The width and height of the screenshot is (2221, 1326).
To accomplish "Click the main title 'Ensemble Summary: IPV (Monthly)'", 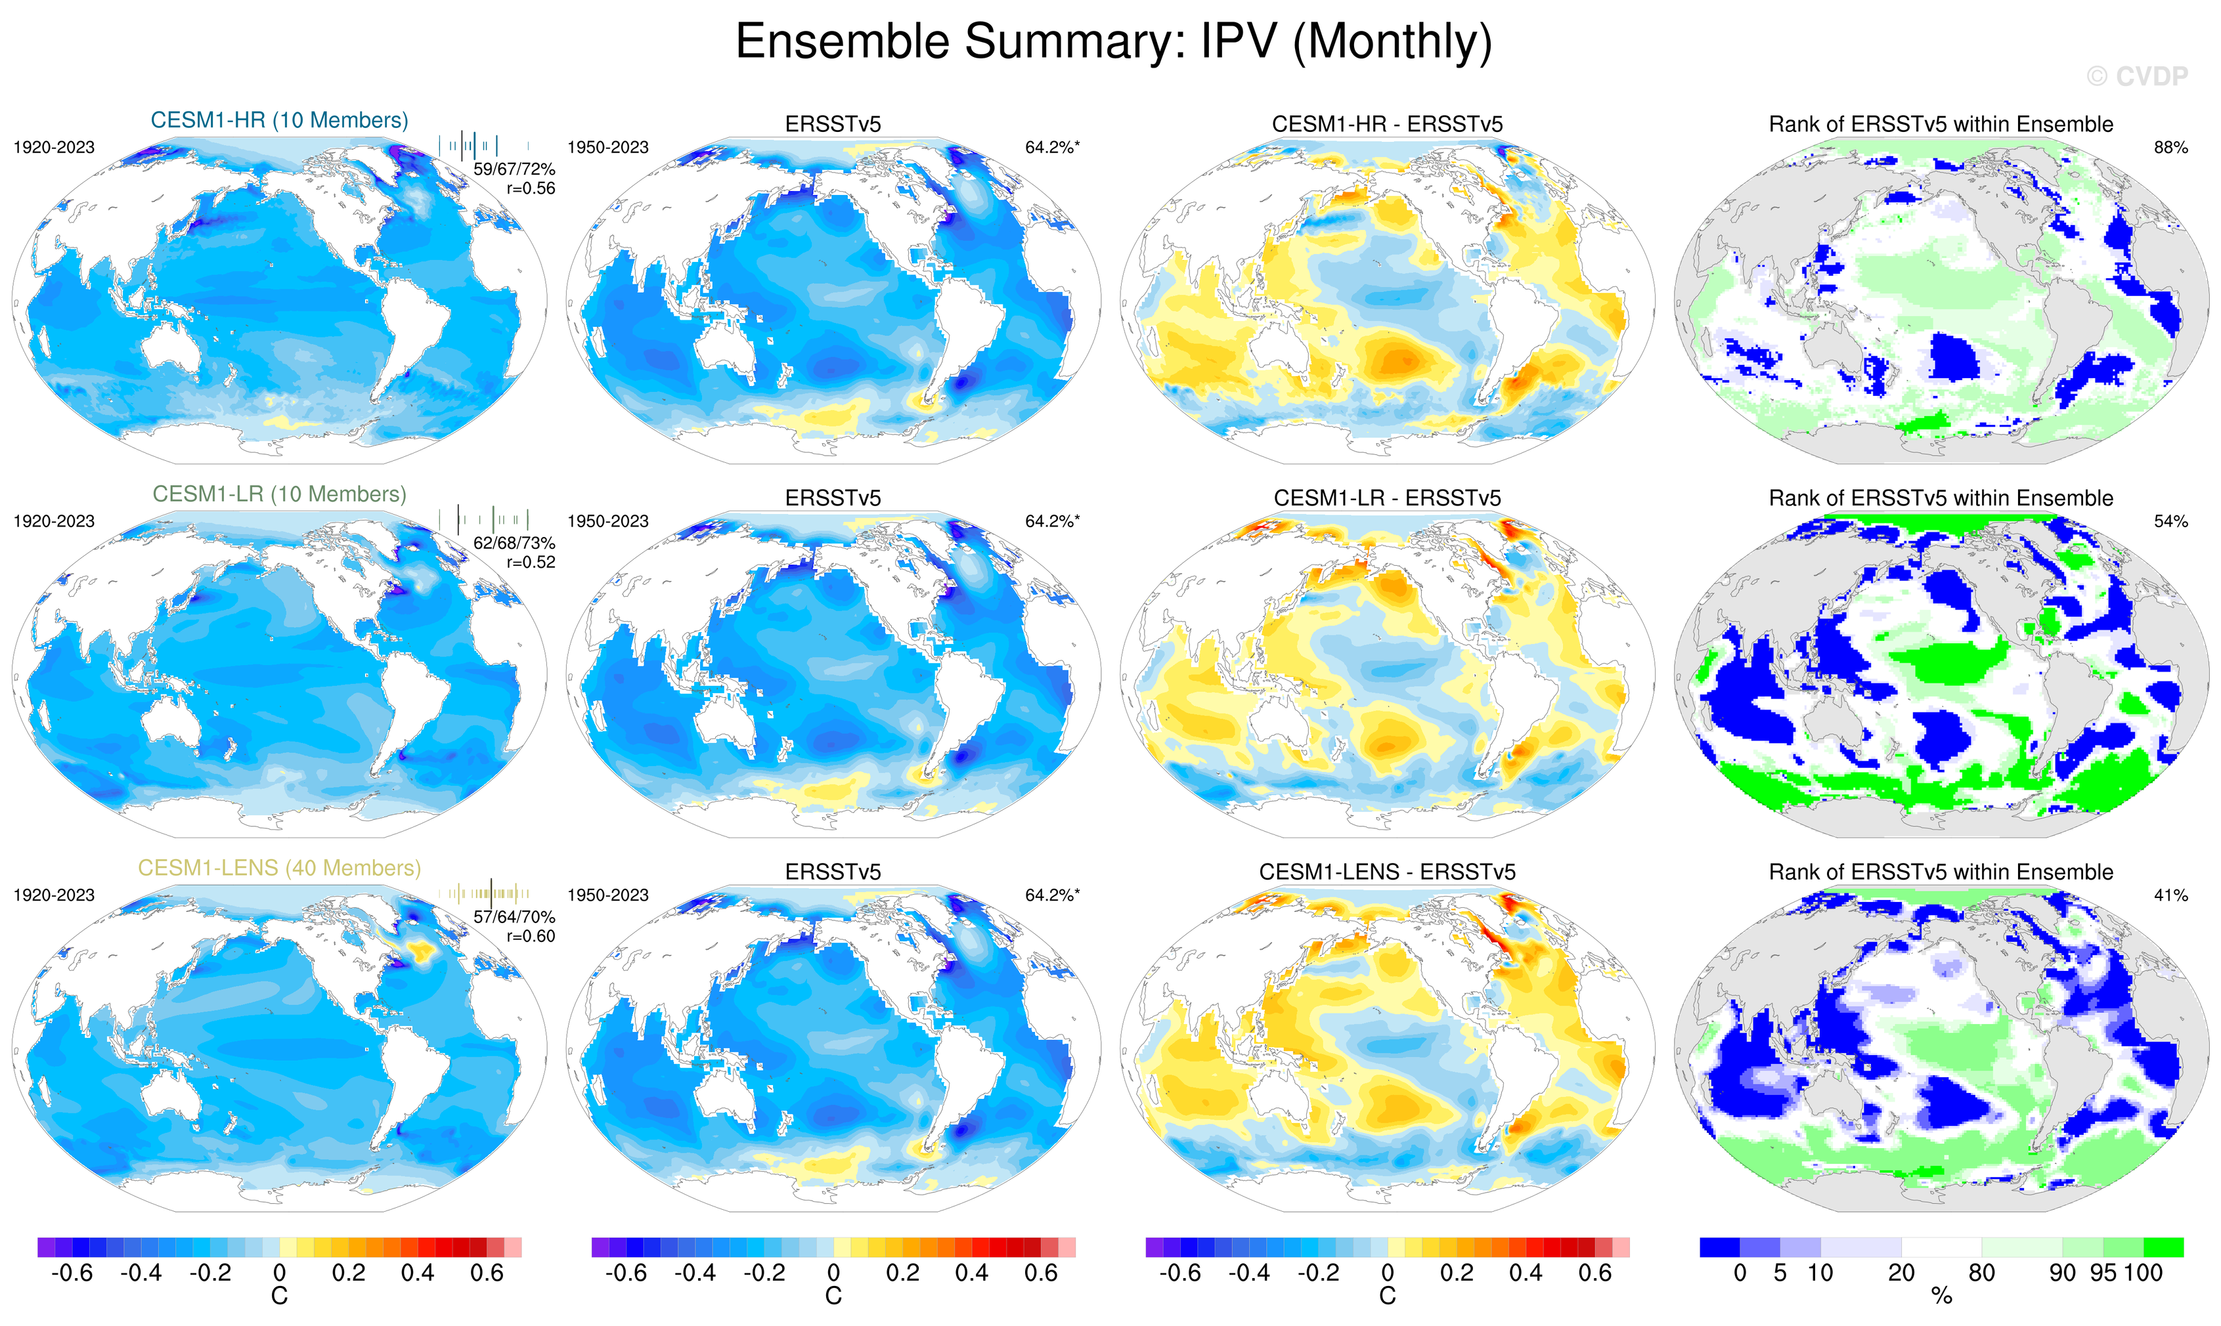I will click(x=1112, y=41).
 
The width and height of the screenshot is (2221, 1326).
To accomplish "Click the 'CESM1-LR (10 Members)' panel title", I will click(x=279, y=494).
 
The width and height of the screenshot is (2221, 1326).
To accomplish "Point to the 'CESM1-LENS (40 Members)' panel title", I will click(x=279, y=868).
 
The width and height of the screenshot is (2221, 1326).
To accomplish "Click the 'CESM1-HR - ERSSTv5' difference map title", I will click(x=1386, y=124).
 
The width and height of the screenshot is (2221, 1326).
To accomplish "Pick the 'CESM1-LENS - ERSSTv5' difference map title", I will click(x=1386, y=872).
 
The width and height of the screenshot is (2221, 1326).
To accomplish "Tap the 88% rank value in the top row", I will click(x=2170, y=148).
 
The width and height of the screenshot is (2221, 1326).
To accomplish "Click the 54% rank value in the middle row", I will click(x=2170, y=521).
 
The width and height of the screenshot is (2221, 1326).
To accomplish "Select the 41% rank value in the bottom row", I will click(x=2170, y=895).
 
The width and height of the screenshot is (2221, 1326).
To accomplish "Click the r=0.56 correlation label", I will click(x=530, y=188).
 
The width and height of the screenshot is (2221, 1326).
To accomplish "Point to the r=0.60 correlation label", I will click(x=530, y=937).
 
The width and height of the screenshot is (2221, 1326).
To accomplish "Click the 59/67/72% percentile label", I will click(x=514, y=169).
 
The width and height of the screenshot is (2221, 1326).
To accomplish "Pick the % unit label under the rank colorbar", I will click(x=1941, y=1296).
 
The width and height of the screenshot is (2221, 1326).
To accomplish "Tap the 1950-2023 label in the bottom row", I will click(x=607, y=895).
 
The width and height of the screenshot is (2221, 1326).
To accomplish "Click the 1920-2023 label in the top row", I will click(x=54, y=148).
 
